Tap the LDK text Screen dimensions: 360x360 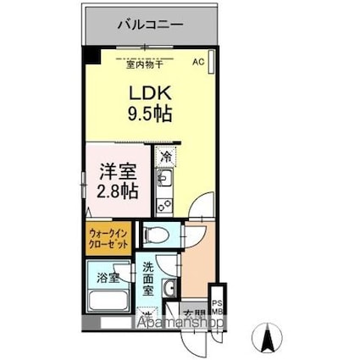pos(150,91)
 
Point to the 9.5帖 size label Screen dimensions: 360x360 pos(150,113)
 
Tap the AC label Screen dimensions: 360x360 pos(198,62)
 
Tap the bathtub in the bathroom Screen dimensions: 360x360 pos(108,301)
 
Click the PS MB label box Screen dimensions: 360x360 pos(216,304)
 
